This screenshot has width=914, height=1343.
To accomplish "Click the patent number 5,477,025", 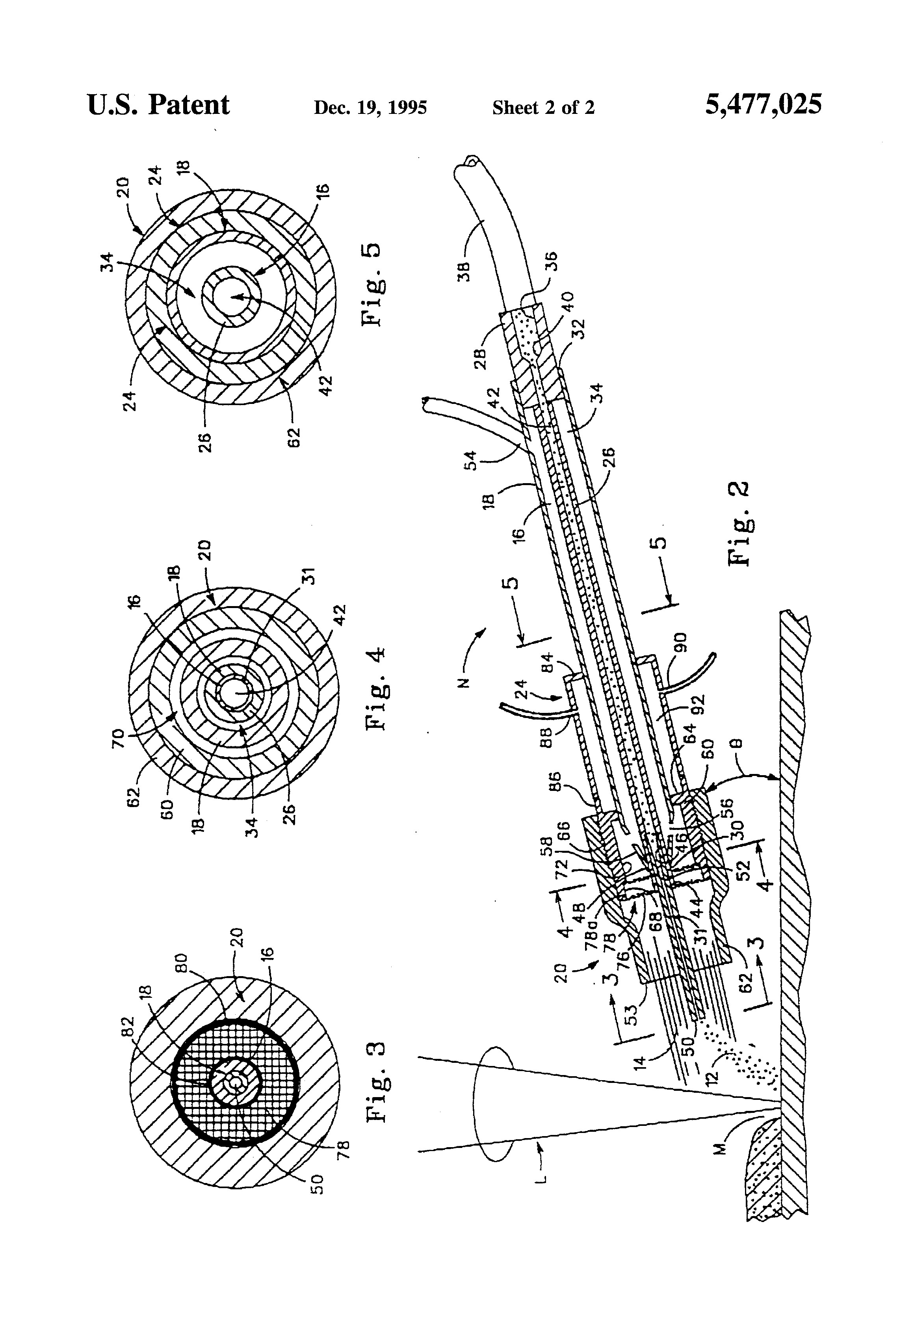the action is [763, 106].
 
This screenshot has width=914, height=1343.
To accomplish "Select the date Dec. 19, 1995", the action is [370, 108].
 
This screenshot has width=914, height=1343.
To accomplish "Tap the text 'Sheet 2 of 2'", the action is [543, 108].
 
